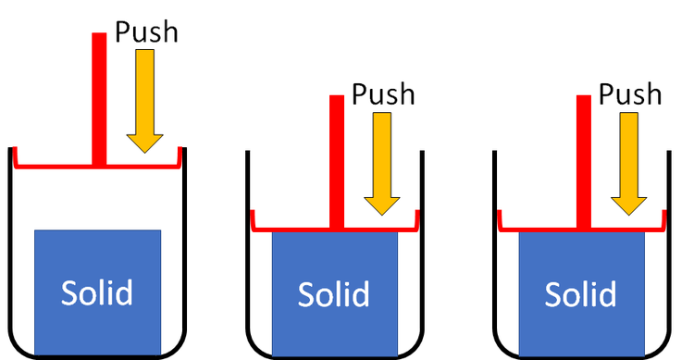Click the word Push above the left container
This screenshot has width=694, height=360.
(146, 31)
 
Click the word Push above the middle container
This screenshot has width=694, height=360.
(384, 94)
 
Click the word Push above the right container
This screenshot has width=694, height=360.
(630, 94)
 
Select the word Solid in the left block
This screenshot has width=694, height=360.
(97, 292)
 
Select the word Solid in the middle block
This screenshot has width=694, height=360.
(334, 294)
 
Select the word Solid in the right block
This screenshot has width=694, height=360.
(580, 294)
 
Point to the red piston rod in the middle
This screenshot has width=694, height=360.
(337, 157)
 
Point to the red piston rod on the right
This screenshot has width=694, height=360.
(583, 157)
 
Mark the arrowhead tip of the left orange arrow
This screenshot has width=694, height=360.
(145, 152)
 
